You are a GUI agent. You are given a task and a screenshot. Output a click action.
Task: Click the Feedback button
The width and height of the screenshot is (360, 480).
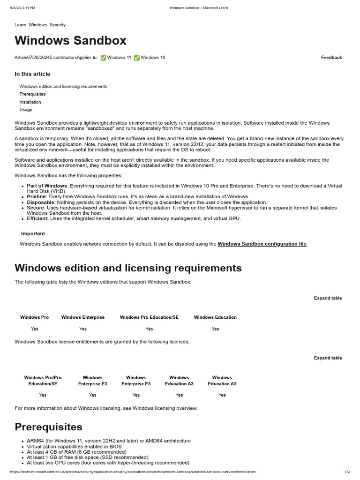click(331, 58)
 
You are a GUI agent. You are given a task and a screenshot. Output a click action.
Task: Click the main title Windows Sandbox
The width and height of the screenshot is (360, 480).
click(70, 41)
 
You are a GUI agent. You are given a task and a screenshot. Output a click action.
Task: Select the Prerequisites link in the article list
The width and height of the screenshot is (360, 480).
click(32, 94)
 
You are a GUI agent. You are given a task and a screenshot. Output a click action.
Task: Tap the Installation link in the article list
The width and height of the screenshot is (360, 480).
click(30, 102)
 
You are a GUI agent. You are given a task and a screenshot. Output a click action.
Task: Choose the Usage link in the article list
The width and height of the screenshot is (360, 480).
click(26, 110)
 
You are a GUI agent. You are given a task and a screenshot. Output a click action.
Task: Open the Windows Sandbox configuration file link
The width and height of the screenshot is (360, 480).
click(262, 244)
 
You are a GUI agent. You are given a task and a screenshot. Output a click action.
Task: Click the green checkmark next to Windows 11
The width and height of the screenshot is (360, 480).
click(103, 58)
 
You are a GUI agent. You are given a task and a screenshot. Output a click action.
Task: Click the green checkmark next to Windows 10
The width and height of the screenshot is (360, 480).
click(136, 58)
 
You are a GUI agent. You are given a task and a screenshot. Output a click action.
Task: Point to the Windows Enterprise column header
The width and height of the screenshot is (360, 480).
click(83, 317)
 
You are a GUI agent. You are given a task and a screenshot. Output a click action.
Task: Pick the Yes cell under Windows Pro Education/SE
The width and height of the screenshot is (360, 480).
click(149, 329)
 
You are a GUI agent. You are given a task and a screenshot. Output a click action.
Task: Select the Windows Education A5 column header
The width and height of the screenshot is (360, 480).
click(222, 381)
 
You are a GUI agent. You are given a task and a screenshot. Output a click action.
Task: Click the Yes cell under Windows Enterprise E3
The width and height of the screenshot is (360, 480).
click(93, 395)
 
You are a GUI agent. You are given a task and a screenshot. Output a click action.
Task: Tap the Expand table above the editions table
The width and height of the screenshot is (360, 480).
click(328, 298)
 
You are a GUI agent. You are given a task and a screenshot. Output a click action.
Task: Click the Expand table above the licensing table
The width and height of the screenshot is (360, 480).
click(328, 358)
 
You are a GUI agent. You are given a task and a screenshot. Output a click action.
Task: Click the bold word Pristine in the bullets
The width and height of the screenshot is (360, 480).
click(37, 197)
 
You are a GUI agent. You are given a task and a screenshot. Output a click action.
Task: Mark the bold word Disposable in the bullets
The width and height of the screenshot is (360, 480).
click(40, 202)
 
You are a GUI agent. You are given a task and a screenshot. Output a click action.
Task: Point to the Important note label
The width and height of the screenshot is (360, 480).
click(33, 234)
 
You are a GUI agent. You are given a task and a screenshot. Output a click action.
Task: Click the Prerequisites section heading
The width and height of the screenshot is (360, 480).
click(48, 427)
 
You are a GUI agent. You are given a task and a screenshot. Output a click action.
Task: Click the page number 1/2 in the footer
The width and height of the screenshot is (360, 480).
click(347, 472)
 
